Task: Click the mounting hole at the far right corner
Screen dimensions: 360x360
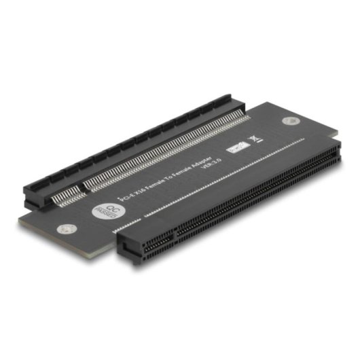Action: (x=292, y=122)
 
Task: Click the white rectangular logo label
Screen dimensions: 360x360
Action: (x=238, y=144)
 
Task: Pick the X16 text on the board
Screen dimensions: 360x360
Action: (x=137, y=190)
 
